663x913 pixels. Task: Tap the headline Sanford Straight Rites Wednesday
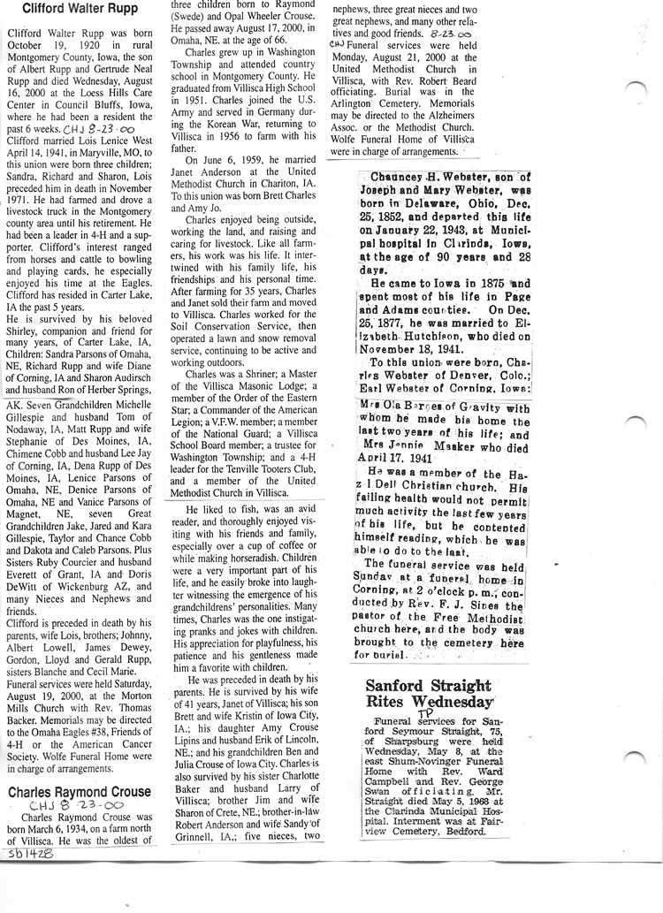coord(429,693)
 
